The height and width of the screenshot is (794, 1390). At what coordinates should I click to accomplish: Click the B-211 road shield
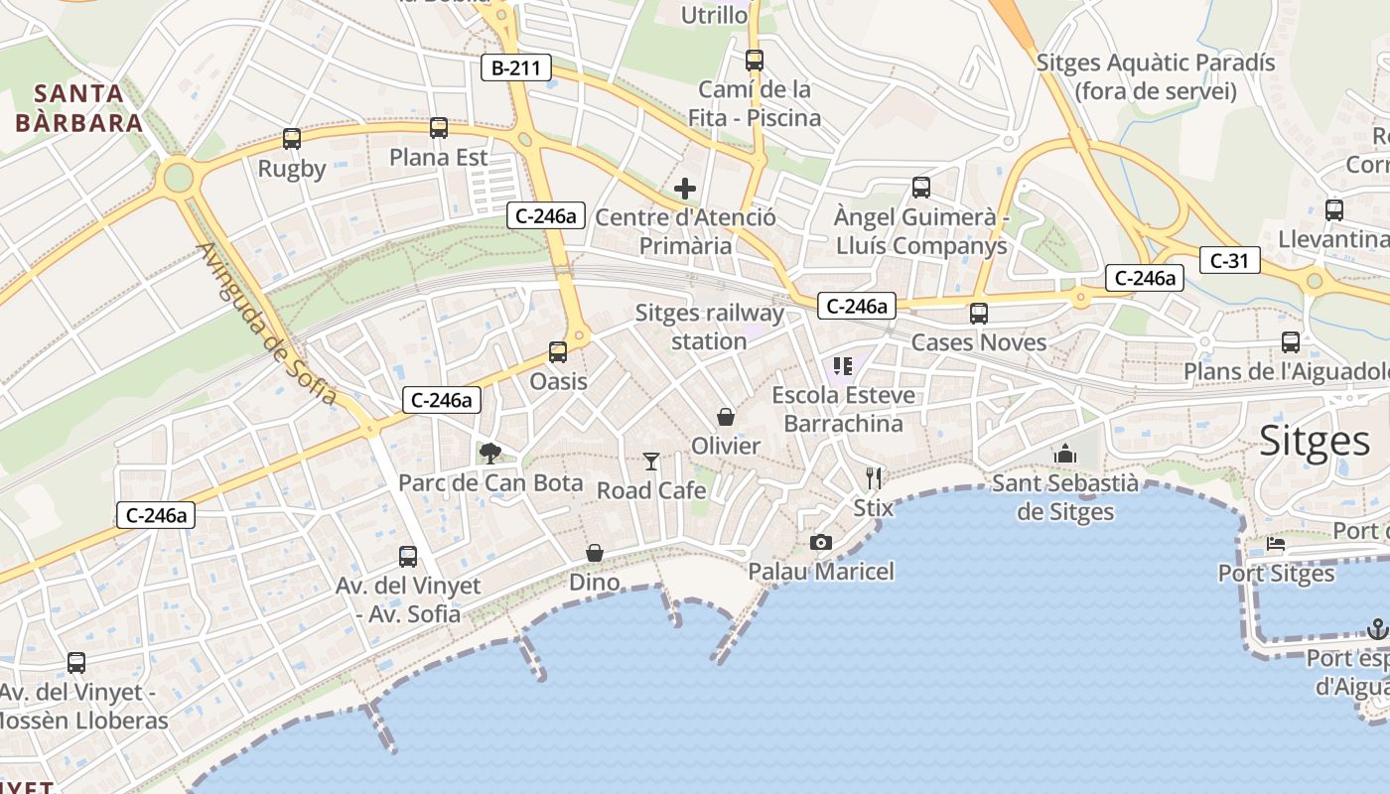515,67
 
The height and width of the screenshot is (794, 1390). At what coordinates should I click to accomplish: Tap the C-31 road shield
1229,261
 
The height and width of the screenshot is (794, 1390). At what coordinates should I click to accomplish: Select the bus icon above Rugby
291,139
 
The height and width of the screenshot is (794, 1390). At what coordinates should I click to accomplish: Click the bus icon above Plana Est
438,128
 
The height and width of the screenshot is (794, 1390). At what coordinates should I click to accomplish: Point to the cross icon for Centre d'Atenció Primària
684,188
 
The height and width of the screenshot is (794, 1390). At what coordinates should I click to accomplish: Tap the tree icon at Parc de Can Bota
489,454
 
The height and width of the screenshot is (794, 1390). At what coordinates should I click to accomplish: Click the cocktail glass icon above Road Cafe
651,461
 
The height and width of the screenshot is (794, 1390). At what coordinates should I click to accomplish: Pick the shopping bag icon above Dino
594,553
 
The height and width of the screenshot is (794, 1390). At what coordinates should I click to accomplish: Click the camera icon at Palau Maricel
820,542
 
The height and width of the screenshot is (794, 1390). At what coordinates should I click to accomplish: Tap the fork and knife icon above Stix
874,478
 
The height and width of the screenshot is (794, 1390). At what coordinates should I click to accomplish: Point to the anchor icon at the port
1376,628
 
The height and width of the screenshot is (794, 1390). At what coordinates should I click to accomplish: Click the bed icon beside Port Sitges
1276,544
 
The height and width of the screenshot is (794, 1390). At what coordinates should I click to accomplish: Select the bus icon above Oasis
558,352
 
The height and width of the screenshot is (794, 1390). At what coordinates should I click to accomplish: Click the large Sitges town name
1315,441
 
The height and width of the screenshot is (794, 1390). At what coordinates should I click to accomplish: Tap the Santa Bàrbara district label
79,108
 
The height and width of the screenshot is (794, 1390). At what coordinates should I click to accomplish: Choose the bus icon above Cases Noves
979,314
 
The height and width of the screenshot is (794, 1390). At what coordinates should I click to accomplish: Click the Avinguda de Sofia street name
267,324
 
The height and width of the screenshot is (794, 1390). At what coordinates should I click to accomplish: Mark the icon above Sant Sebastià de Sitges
1065,454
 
